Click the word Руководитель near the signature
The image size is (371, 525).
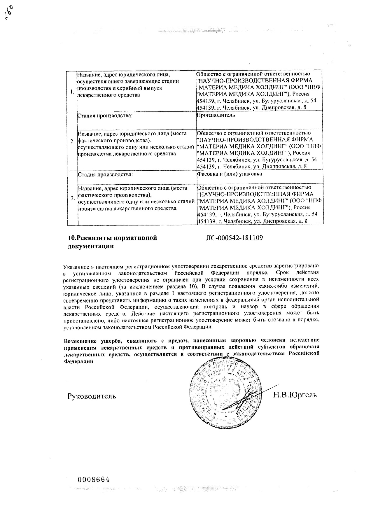tap(92, 396)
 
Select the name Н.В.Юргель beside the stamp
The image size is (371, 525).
tap(295, 395)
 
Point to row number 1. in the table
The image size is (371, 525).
tap(72, 92)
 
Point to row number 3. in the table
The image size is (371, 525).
tap(73, 198)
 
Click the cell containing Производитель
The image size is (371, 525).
tap(216, 115)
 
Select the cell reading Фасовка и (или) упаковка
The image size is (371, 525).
tap(230, 174)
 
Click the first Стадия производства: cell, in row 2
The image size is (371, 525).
tap(105, 116)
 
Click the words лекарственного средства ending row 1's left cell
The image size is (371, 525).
tap(108, 95)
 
